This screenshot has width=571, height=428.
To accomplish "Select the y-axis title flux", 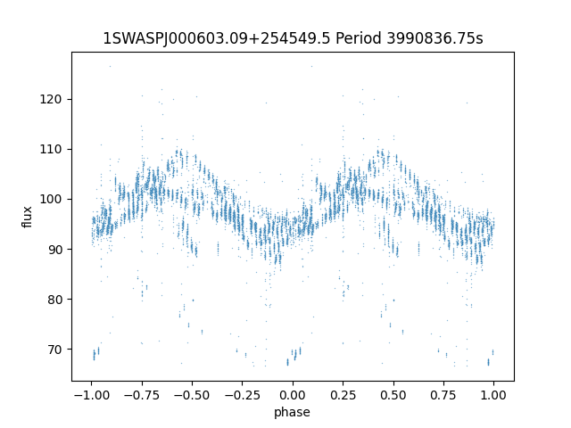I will pyautogui.click(x=27, y=217).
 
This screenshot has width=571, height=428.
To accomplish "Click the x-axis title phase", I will pyautogui.click(x=293, y=412).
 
